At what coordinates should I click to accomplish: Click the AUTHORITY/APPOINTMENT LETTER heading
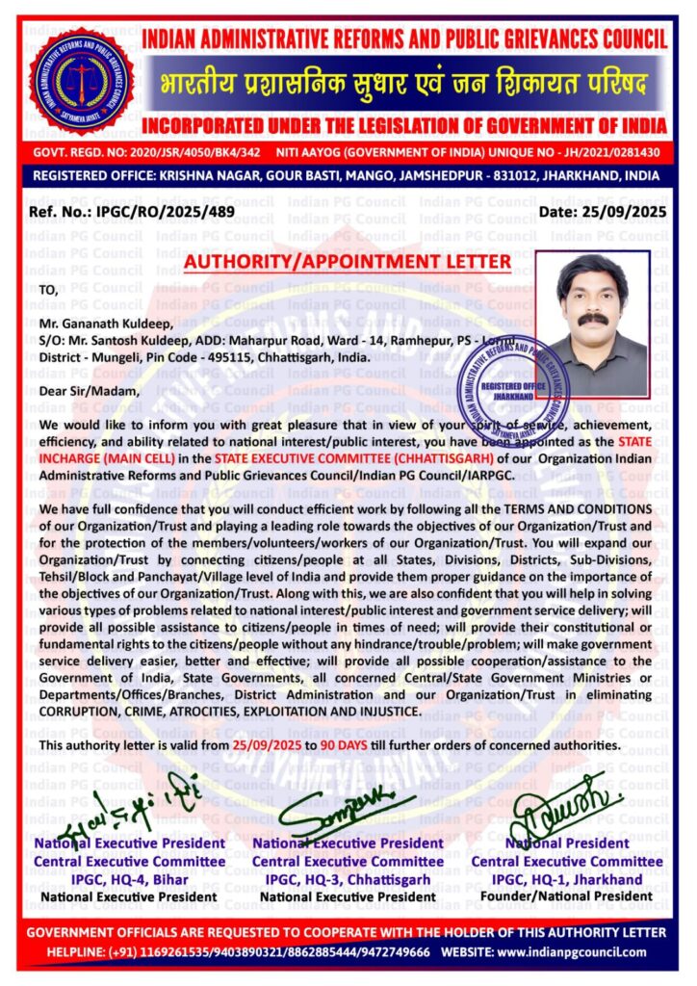click(x=348, y=262)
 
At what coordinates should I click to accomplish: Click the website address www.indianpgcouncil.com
click(x=571, y=952)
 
